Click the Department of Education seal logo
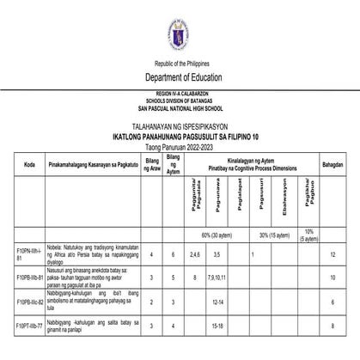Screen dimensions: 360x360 179,35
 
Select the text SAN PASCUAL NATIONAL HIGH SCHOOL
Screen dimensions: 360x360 179,109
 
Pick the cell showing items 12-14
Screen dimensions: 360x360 217,302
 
